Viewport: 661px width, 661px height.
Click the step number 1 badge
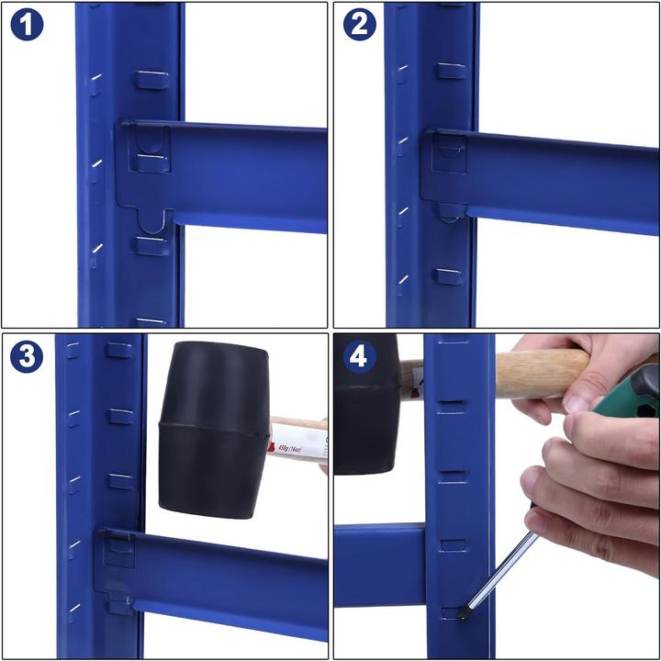[27, 25]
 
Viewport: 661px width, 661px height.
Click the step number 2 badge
[359, 25]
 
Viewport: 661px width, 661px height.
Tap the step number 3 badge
[27, 356]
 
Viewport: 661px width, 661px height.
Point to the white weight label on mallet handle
[298, 443]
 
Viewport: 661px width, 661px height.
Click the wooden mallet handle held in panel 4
[542, 372]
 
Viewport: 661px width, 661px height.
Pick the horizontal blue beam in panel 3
[230, 578]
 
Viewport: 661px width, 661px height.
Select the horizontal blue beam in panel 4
[378, 565]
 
